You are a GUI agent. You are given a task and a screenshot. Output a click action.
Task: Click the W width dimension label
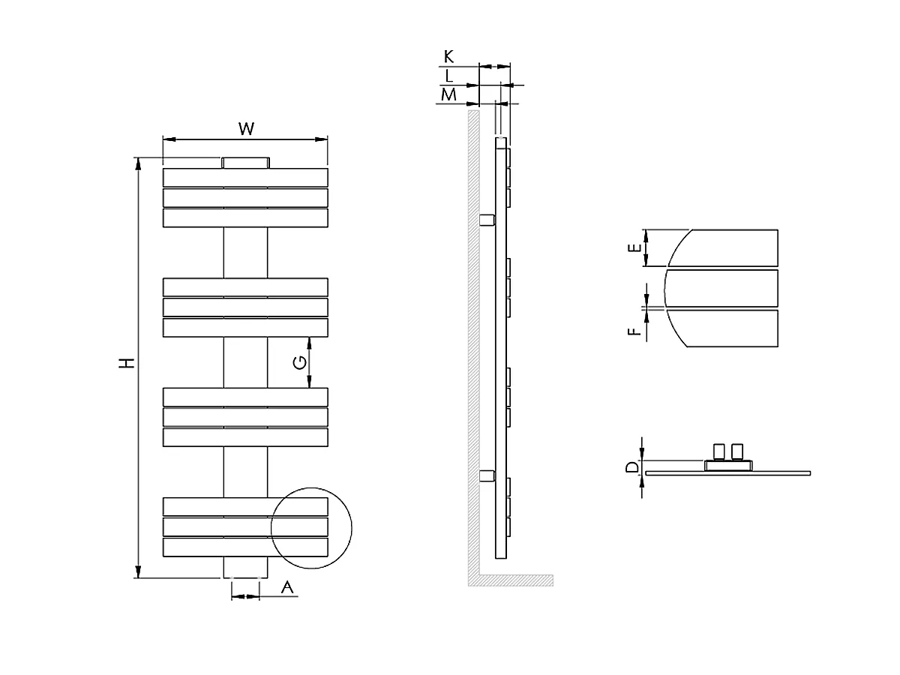point(246,128)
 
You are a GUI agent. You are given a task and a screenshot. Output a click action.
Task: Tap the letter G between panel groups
point(299,362)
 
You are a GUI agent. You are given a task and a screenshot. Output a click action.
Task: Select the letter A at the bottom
point(286,589)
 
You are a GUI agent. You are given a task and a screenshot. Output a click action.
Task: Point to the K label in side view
point(448,56)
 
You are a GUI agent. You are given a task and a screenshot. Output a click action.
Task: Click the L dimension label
point(448,75)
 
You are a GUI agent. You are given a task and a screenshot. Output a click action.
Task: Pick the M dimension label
point(448,94)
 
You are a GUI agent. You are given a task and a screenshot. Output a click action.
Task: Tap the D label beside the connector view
point(632,468)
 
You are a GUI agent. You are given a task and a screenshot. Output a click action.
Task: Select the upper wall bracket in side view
point(487,220)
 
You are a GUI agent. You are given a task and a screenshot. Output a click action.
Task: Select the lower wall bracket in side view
point(487,475)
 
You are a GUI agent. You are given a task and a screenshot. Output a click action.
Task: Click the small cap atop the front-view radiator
point(245,163)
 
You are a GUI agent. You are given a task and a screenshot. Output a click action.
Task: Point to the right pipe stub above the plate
point(738,451)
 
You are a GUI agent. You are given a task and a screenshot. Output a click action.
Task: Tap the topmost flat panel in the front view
point(245,178)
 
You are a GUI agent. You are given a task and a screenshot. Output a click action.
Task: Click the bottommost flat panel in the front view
point(245,547)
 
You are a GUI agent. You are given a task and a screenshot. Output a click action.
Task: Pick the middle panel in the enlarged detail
point(721,288)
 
